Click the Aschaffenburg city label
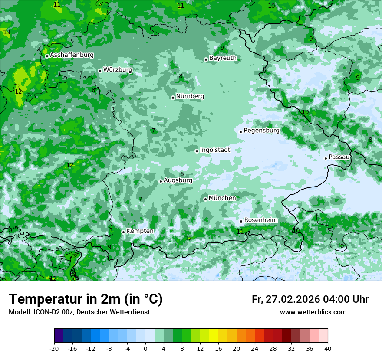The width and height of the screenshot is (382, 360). [x=72, y=55]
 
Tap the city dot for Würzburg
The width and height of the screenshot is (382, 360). [x=100, y=71]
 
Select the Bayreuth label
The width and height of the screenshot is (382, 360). [x=223, y=58]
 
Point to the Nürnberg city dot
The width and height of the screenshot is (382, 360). [x=173, y=98]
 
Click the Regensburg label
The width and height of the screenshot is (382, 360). [x=261, y=130]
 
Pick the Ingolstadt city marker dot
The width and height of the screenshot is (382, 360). [x=197, y=151]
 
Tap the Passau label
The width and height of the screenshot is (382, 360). [x=339, y=157]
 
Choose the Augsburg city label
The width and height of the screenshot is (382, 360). [x=178, y=180]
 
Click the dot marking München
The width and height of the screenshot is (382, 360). [x=205, y=199]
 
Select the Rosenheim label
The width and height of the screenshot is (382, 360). [x=260, y=220]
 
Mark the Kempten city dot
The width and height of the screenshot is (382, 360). [x=123, y=232]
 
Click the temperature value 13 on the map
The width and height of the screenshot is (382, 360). [x=7, y=33]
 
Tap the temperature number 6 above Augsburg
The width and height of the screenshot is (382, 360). [x=182, y=174]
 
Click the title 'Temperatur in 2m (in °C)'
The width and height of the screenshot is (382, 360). [x=86, y=299]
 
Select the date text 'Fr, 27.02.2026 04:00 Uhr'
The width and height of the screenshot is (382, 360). [x=310, y=299]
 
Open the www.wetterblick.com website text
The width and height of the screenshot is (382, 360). [x=313, y=312]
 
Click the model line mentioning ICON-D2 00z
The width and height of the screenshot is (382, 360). [x=79, y=312]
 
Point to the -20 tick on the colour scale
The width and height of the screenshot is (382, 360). [x=54, y=348]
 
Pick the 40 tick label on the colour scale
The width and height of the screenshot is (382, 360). [x=327, y=348]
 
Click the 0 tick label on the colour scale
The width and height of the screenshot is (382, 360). [x=145, y=348]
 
